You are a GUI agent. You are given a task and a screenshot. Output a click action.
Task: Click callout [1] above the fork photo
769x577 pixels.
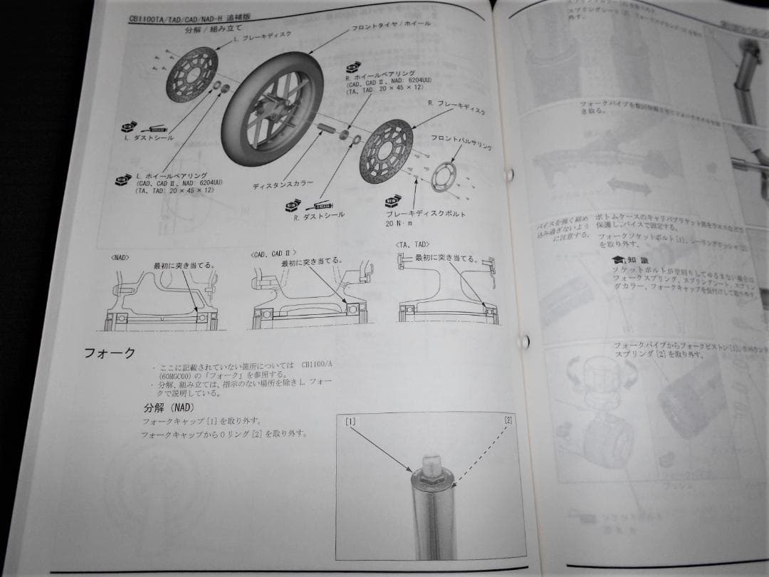[x=350, y=422]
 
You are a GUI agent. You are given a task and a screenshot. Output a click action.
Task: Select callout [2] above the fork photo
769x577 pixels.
[x=507, y=420]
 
